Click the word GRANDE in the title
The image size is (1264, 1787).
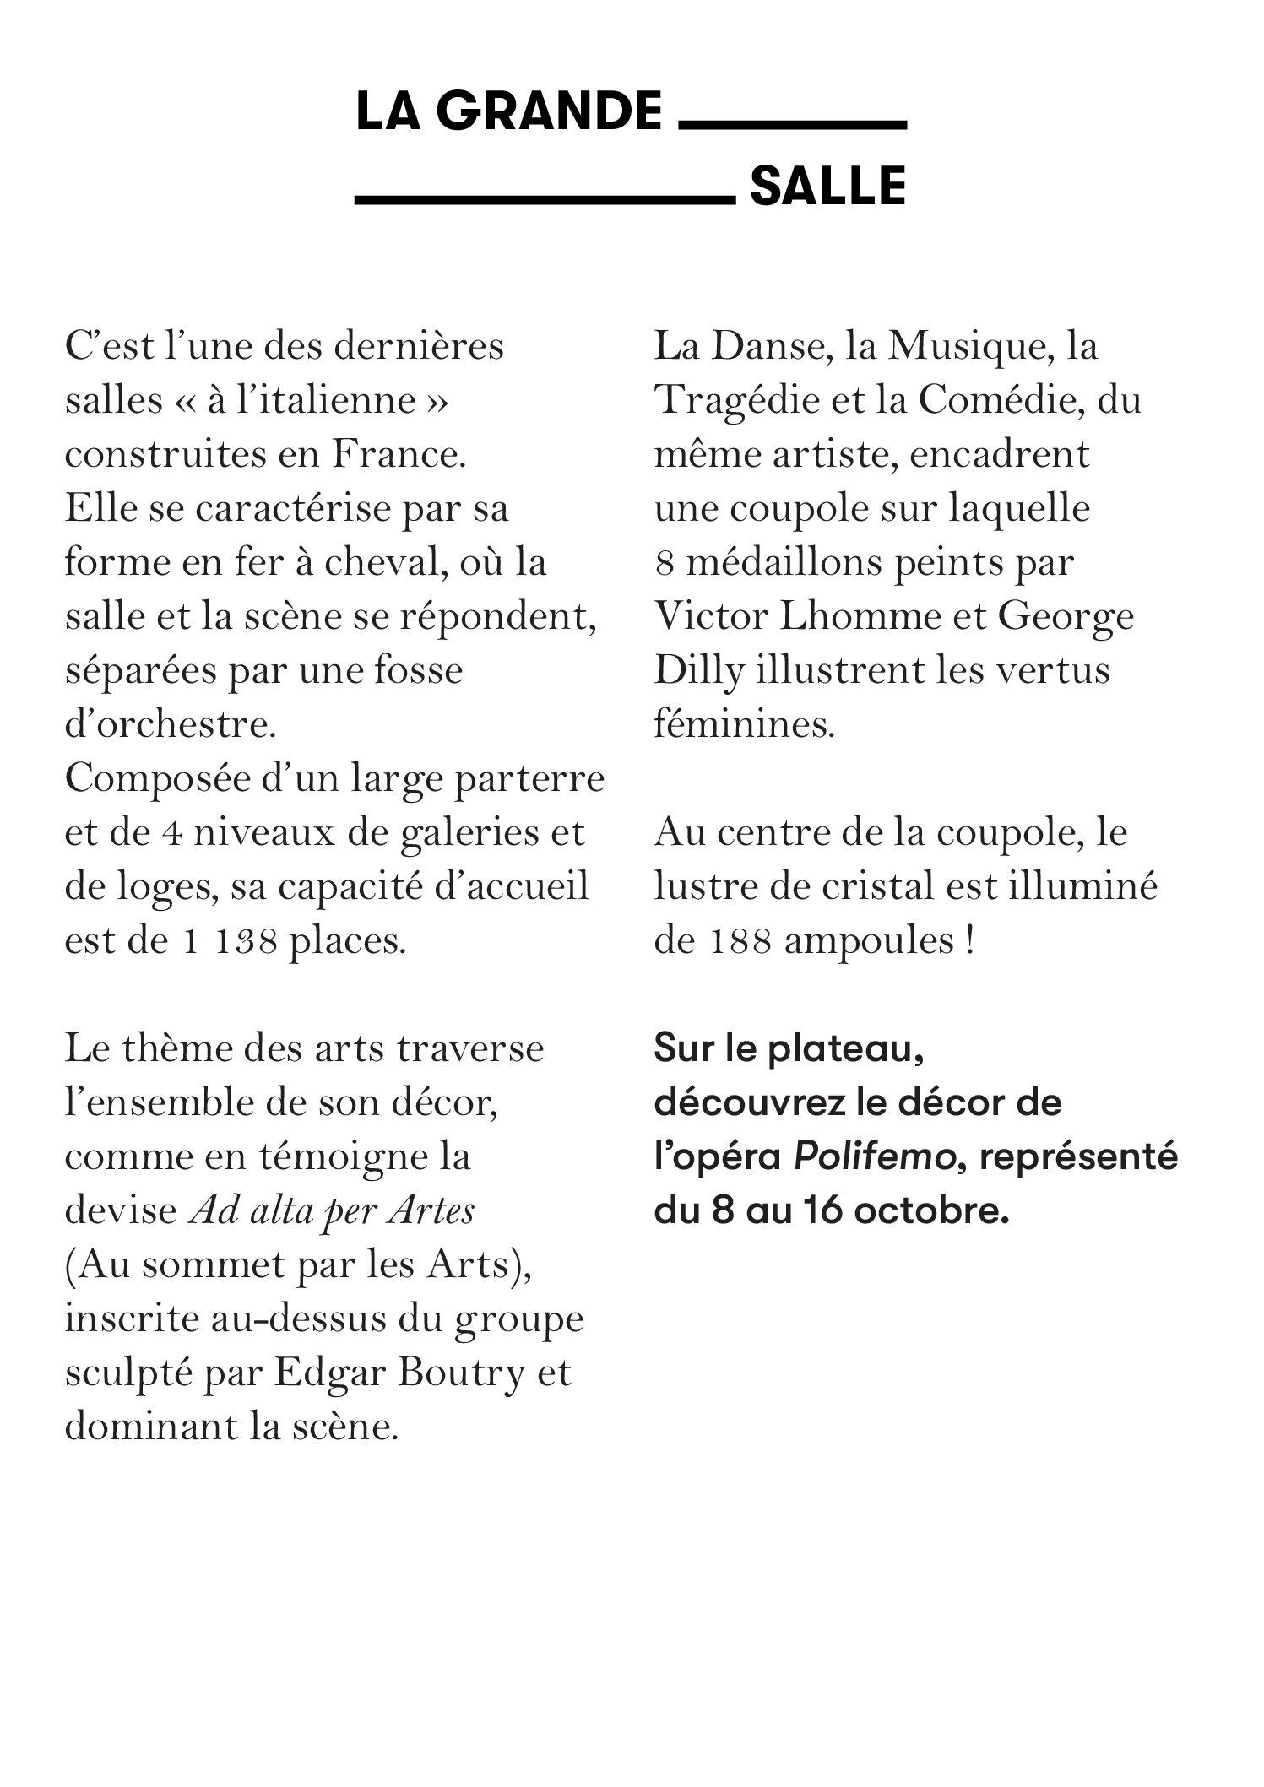click(548, 112)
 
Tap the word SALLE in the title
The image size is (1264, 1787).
click(827, 187)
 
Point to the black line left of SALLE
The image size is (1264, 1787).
click(545, 200)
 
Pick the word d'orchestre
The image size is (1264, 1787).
click(170, 725)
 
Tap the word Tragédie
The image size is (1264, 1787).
click(738, 401)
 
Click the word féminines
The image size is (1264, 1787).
click(744, 725)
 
